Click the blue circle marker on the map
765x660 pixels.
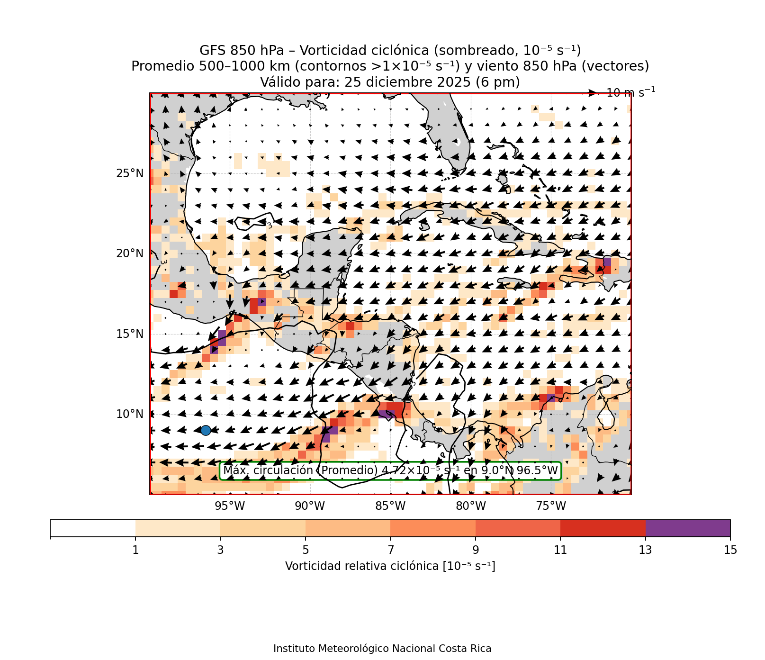coord(206,430)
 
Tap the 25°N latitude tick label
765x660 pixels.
coord(129,173)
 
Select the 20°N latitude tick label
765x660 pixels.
coord(129,253)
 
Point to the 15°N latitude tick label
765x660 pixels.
coord(129,334)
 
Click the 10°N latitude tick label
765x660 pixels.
coord(129,414)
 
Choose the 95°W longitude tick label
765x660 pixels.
coord(230,506)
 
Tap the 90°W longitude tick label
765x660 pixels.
coord(310,506)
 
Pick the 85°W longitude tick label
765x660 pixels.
coord(390,506)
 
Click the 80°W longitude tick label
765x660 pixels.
coord(471,506)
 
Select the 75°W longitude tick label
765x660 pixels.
coord(551,506)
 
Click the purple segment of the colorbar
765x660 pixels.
coord(688,528)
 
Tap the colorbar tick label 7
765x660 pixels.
coord(390,550)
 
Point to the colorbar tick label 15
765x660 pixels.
coord(730,550)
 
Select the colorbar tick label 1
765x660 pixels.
coord(135,550)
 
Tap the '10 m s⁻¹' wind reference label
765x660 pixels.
coord(630,92)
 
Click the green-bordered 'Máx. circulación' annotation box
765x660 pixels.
coord(390,470)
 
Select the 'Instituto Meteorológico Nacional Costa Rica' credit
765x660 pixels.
coord(382,649)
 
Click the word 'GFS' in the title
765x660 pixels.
coord(212,50)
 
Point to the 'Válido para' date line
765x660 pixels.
coord(390,82)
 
